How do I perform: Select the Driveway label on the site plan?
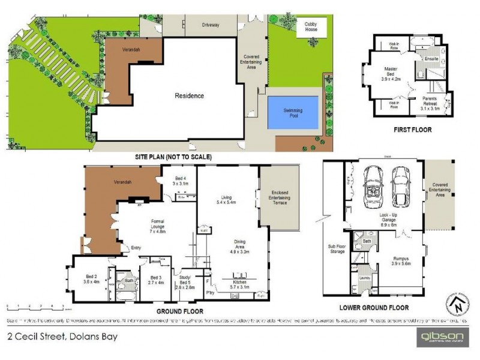[x=210, y=25]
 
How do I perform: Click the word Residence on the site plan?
[x=189, y=95]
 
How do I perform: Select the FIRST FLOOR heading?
[x=412, y=129]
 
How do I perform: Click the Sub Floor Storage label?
[x=336, y=248]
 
